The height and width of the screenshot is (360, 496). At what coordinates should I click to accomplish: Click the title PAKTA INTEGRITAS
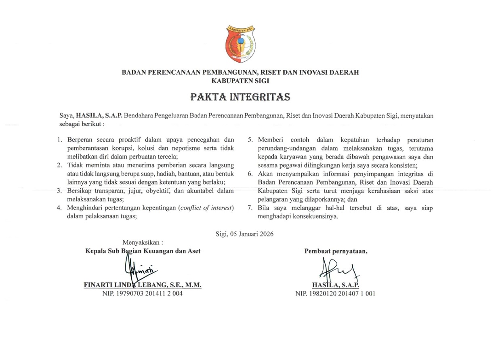point(240,97)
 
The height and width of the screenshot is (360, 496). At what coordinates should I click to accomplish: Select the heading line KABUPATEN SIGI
point(240,81)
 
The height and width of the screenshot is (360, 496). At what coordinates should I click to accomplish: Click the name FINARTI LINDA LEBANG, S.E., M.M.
point(143,285)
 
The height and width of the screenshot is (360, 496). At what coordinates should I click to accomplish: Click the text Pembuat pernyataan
point(336,251)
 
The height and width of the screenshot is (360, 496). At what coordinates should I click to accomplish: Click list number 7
point(250,208)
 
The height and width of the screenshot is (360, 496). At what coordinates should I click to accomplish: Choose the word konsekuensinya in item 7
point(315,216)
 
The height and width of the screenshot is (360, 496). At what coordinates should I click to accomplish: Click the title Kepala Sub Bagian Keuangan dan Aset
point(143,251)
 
